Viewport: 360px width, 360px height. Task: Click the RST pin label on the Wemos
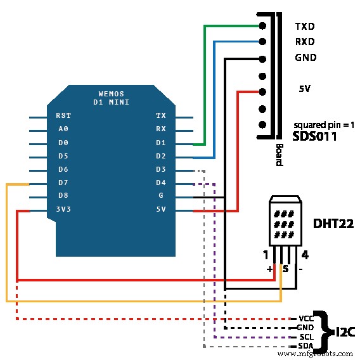point(63,115)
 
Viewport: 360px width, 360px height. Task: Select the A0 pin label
point(63,129)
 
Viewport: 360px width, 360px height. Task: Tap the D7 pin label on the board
point(63,183)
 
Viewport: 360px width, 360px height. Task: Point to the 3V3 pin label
point(63,209)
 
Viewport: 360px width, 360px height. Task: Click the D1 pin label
point(161,143)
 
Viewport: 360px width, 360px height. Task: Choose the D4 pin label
point(161,183)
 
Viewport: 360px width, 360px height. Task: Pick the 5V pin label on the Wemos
point(161,209)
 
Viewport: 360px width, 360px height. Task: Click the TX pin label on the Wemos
point(161,115)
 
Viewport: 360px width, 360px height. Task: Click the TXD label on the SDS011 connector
point(305,27)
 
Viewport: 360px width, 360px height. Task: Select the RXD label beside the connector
point(305,42)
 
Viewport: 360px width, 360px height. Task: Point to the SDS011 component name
point(314,136)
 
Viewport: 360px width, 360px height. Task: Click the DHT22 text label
point(333,223)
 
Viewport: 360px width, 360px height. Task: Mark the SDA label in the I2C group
point(304,346)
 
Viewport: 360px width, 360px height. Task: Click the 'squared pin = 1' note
point(324,125)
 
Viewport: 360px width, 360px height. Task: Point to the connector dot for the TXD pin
point(262,26)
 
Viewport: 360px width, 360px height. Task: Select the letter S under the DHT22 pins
point(286,269)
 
